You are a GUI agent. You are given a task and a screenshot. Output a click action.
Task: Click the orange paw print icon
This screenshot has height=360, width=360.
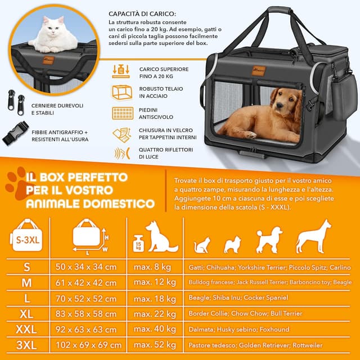click(x=17, y=186)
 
